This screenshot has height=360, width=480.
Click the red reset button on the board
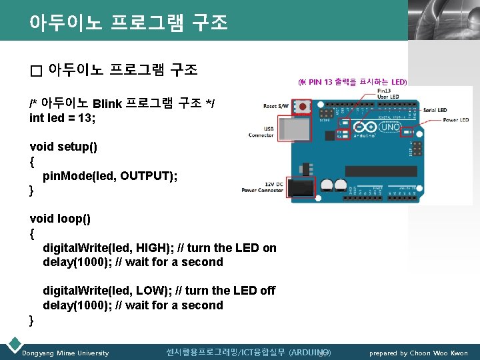click(304, 107)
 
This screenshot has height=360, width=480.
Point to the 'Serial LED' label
click(435, 110)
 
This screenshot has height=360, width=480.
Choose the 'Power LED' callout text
click(455, 121)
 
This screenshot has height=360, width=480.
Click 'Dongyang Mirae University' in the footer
click(65, 353)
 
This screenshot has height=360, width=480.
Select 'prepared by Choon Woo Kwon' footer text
click(419, 353)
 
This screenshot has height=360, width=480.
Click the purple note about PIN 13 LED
click(351, 82)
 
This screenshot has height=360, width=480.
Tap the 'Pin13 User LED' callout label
click(389, 94)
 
